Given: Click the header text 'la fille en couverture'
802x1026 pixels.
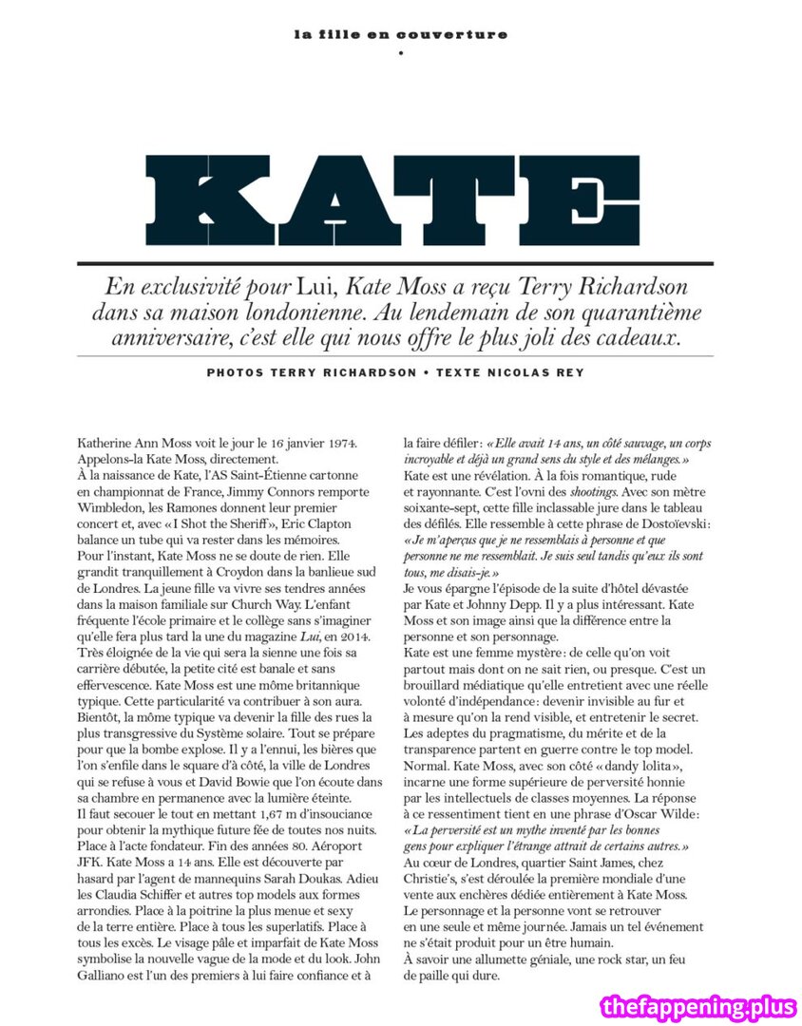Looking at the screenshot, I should [400, 35].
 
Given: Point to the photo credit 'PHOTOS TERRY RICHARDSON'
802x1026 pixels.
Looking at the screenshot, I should [311, 372].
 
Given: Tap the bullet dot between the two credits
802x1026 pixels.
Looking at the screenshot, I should [426, 372].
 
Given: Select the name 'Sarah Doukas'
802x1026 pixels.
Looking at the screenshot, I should [317, 879].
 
